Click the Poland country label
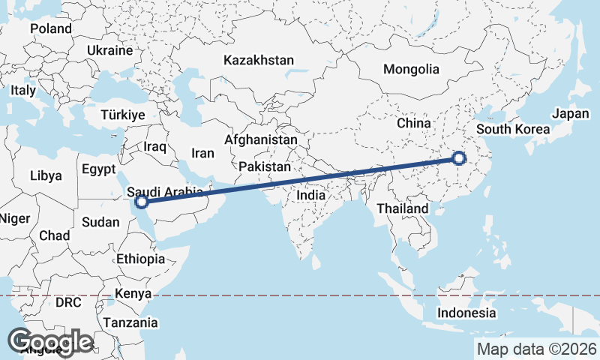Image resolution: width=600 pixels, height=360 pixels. tap(51, 29)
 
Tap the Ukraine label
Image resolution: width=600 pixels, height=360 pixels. tap(109, 50)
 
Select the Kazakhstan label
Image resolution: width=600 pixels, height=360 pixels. tap(259, 61)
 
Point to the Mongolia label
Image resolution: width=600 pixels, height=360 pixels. tap(411, 70)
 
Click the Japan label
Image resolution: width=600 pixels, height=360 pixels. tap(571, 114)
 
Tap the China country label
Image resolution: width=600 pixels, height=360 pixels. tap(413, 122)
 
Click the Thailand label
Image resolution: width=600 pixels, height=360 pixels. tap(403, 208)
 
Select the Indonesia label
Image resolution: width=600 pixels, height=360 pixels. tap(467, 313)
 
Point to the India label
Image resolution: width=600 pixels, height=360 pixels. tap(311, 195)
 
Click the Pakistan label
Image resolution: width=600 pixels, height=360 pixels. tap(265, 166)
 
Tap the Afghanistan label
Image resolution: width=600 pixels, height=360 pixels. tap(260, 140)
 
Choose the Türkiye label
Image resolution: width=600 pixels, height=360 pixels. tap(123, 115)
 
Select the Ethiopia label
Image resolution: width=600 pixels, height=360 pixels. tap(140, 259)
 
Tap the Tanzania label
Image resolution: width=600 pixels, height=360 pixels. tap(131, 323)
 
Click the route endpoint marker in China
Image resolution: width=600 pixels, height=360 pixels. tap(460, 158)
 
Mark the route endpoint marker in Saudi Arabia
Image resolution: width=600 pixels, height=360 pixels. tap(141, 201)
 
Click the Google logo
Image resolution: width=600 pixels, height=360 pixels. tap(50, 342)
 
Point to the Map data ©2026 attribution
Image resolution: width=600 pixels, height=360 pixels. tap(537, 349)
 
